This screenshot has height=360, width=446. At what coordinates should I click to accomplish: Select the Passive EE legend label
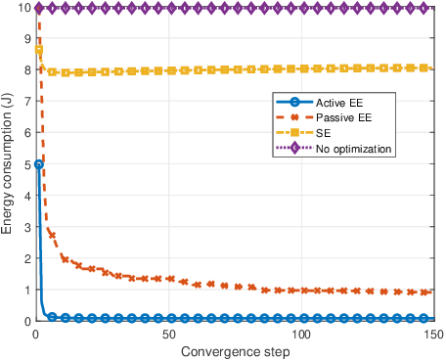pyautogui.click(x=344, y=118)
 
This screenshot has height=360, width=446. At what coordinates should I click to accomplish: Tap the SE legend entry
pyautogui.click(x=324, y=133)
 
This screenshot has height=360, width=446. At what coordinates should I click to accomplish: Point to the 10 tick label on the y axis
pyautogui.click(x=22, y=8)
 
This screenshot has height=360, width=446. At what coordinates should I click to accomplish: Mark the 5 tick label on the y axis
pyautogui.click(x=25, y=164)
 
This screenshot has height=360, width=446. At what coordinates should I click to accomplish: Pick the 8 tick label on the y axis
pyautogui.click(x=25, y=70)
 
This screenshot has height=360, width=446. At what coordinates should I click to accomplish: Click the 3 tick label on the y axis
pyautogui.click(x=25, y=227)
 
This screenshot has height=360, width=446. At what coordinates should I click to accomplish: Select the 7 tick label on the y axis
pyautogui.click(x=25, y=102)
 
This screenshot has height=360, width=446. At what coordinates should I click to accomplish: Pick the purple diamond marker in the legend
pyautogui.click(x=292, y=148)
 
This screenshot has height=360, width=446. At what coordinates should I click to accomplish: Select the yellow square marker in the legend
pyautogui.click(x=292, y=133)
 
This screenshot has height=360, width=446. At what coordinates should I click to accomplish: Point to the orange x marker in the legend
pyautogui.click(x=292, y=118)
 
